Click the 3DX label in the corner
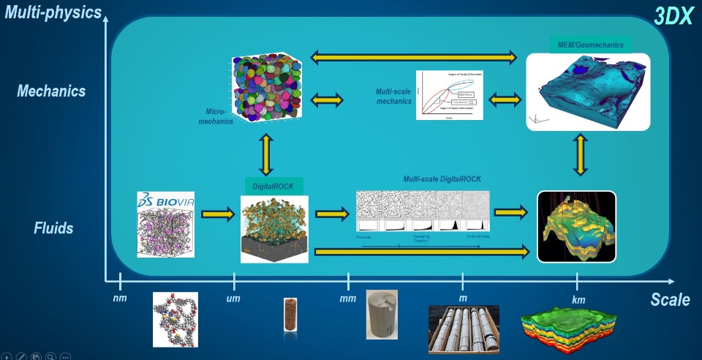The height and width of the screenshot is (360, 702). tap(672, 16)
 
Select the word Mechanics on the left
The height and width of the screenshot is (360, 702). tap(51, 91)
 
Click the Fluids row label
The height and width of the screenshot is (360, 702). tap(53, 228)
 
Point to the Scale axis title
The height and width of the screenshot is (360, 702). tap(670, 299)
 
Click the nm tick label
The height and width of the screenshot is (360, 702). tap(120, 298)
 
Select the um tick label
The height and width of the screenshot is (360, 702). tap(234, 298)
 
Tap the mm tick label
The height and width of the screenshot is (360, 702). tap(348, 298)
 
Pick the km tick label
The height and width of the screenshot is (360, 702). tap(578, 299)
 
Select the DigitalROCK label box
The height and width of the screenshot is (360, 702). tap(273, 187)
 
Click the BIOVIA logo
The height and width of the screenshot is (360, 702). tap(165, 200)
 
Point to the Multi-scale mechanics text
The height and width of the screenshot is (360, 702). tap(393, 96)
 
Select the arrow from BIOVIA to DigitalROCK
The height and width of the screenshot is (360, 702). tap(217, 214)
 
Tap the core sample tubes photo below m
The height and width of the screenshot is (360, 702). tap(464, 329)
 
